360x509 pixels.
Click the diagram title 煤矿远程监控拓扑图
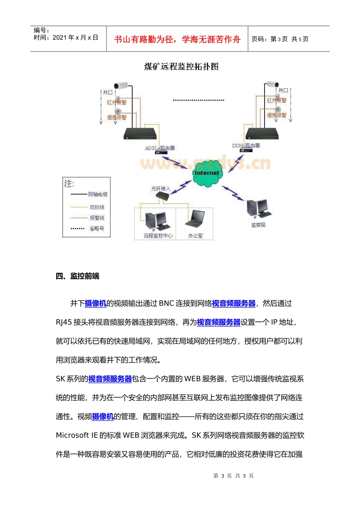(x=181, y=67)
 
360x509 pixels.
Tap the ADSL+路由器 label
(x=160, y=148)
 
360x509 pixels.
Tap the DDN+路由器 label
(x=246, y=145)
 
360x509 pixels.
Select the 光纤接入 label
(x=161, y=189)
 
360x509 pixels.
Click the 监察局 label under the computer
(x=258, y=225)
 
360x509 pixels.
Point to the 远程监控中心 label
(x=158, y=236)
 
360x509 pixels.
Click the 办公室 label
(x=195, y=236)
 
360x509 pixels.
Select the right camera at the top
(x=272, y=84)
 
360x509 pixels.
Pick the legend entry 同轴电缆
(x=97, y=194)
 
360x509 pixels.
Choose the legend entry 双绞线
(x=97, y=207)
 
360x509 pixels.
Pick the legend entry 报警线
(x=97, y=218)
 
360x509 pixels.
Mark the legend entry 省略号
(x=97, y=228)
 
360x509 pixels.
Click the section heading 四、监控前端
(x=77, y=276)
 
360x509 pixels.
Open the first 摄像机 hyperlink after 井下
(x=95, y=303)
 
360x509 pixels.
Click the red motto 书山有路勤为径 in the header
(x=177, y=39)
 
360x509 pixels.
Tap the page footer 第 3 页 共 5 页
(x=233, y=476)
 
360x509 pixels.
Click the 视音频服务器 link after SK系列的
(x=110, y=379)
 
